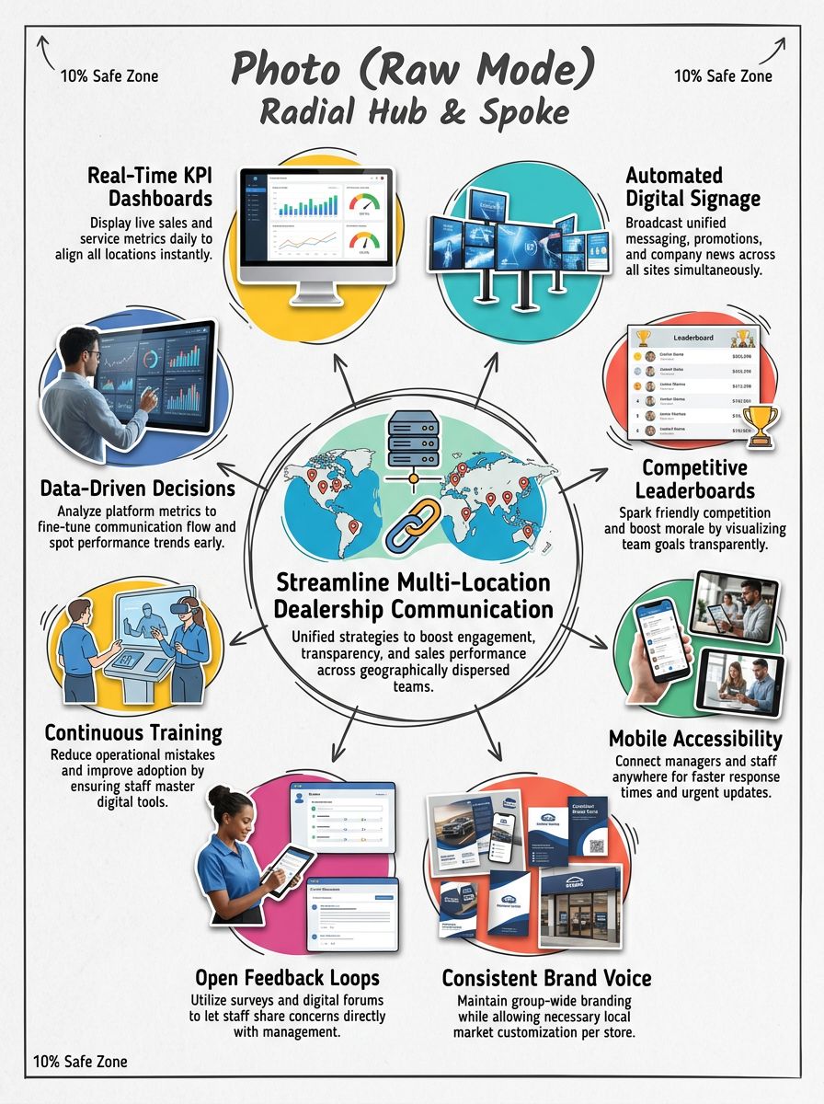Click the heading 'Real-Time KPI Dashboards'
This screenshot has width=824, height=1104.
pos(149,186)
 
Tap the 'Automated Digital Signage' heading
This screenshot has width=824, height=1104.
pos(674,186)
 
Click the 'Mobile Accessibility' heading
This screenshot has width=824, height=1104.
pos(695,739)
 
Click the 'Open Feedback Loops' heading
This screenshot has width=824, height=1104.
pos(287,977)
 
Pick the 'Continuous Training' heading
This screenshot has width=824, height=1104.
pos(133,733)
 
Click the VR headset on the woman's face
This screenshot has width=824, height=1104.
pos(189,608)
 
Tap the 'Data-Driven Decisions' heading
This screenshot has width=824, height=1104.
pos(137,488)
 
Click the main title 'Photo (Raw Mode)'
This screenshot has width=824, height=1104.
pos(413,69)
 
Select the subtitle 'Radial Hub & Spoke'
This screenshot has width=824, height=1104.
pos(413,112)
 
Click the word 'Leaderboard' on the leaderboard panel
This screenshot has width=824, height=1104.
pos(695,338)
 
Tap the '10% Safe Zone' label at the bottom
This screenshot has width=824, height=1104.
pos(80,1062)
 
